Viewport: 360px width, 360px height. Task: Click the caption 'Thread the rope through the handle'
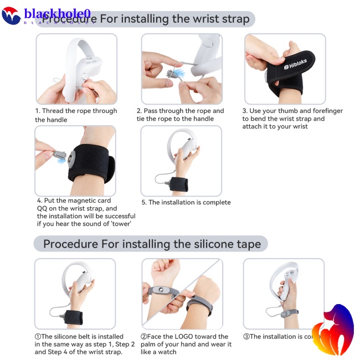(x=76, y=115)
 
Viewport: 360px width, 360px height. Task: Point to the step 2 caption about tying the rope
(x=180, y=115)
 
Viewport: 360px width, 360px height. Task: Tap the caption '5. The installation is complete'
(x=186, y=202)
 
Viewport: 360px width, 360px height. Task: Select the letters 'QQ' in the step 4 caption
(x=44, y=208)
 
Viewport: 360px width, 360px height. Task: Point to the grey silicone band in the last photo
(x=289, y=313)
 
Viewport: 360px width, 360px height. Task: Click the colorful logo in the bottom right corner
(x=332, y=329)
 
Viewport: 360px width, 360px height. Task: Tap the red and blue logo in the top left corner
(x=11, y=15)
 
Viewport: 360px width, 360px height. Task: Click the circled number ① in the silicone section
(x=38, y=336)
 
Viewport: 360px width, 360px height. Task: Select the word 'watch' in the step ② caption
(x=166, y=352)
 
